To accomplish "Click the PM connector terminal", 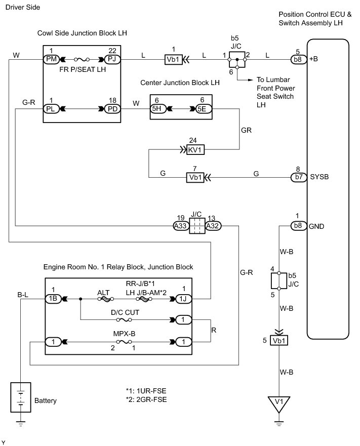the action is click(51, 59).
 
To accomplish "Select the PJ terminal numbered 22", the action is click(112, 59).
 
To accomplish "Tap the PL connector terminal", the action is click(51, 109).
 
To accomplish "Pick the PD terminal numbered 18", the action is click(112, 109).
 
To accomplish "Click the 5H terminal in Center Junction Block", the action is click(157, 109).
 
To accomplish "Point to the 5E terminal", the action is click(204, 109).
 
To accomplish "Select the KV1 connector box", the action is click(195, 150).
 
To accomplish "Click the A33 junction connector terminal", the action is click(181, 226).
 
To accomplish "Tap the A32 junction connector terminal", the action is click(213, 226).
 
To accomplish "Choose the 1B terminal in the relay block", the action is click(53, 299).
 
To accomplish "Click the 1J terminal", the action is click(184, 299).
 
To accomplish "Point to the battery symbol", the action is click(20, 397).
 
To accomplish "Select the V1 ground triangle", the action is click(279, 404).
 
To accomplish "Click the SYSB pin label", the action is click(319, 177).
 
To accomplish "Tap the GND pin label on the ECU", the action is click(316, 226).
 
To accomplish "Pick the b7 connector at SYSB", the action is click(299, 177).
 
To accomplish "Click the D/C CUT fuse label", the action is click(125, 312).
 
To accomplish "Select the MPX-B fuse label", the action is click(125, 334).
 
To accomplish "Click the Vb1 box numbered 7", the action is click(195, 178).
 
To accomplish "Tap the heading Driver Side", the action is click(23, 8).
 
